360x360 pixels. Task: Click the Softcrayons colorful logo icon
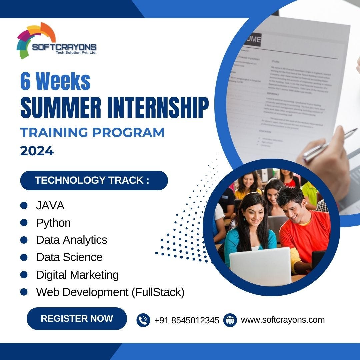33,40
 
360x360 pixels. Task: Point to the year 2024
37,151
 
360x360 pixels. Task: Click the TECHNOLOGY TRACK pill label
94,180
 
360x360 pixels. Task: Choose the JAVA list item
50,206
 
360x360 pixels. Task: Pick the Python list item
53,223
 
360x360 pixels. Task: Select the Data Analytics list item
71,240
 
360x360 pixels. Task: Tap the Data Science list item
69,257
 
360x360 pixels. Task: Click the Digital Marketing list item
77,275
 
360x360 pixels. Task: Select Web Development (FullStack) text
110,292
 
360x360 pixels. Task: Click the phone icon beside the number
143,320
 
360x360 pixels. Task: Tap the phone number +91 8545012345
187,320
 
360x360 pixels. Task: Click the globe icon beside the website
230,320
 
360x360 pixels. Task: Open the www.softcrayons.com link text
283,320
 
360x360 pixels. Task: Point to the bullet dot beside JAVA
24,205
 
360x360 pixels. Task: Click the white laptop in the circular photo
260,267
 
